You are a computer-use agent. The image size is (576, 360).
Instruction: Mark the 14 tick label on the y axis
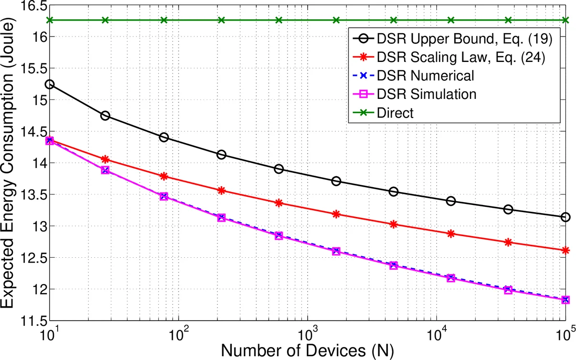click(35, 164)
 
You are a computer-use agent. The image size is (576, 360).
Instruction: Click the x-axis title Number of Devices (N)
click(307, 349)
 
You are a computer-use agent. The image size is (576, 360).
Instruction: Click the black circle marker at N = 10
click(49, 84)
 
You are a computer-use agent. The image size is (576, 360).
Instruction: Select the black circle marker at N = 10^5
click(565, 217)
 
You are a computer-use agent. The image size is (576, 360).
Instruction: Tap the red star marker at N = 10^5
click(565, 250)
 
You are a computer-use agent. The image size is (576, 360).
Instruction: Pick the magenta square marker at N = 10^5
click(565, 300)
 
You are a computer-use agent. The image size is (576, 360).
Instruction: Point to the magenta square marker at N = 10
click(49, 141)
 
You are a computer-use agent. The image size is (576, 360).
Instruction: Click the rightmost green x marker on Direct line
click(565, 20)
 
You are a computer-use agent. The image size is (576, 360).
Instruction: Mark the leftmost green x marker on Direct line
click(49, 20)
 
